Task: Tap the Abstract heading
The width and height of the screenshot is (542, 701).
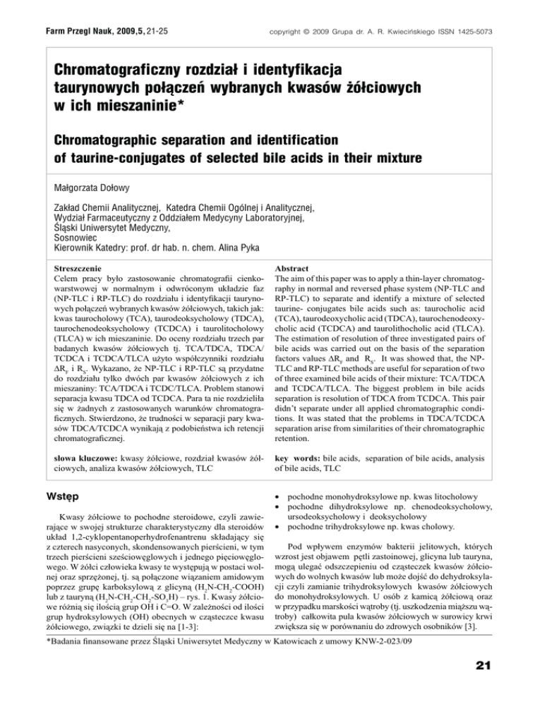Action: tap(300, 269)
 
